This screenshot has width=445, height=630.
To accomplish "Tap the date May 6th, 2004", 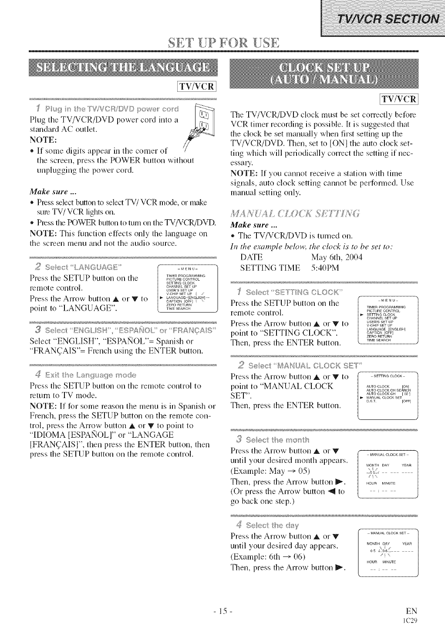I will click(x=337, y=257).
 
